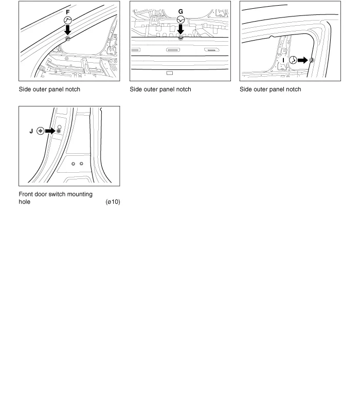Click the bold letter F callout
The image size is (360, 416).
(x=67, y=10)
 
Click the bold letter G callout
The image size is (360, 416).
(x=181, y=10)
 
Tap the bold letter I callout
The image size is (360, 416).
(x=284, y=60)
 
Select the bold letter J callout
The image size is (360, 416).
(x=31, y=131)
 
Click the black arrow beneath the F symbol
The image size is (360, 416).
(x=67, y=30)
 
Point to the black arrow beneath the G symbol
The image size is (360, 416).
(x=181, y=30)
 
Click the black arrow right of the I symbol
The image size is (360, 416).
(x=302, y=60)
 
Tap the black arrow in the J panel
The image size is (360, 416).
(x=50, y=131)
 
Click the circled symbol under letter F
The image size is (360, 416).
(x=67, y=20)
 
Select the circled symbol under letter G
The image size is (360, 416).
(x=181, y=20)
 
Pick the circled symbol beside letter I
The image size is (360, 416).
(x=293, y=60)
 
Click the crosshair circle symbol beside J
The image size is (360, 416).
(x=40, y=131)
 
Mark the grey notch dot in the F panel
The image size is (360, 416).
(x=67, y=39)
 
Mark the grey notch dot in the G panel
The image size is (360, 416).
(x=181, y=38)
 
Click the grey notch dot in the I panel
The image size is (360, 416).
(x=311, y=60)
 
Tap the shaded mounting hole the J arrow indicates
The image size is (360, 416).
(x=58, y=131)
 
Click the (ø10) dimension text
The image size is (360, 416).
(x=112, y=202)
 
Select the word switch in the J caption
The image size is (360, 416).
(x=61, y=194)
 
